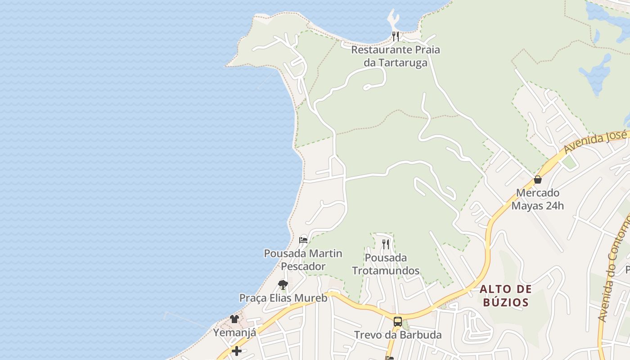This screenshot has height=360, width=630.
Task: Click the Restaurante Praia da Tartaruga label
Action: (395, 56)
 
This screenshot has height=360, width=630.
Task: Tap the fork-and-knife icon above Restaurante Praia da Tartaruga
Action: (396, 36)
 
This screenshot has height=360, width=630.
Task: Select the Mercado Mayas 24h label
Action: (537, 199)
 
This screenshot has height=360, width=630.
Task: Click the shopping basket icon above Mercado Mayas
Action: (537, 180)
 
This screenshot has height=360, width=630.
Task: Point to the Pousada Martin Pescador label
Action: (303, 260)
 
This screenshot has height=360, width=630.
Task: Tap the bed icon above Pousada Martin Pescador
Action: (303, 240)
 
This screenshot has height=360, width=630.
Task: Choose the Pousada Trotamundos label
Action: (386, 264)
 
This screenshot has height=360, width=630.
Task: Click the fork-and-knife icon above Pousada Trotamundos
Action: (386, 244)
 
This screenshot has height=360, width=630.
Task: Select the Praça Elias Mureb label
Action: (283, 298)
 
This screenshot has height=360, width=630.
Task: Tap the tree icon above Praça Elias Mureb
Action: (283, 284)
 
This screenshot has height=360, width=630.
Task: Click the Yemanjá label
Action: (234, 333)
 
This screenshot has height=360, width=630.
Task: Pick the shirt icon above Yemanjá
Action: (234, 319)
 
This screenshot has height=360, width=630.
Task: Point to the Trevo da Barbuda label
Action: (398, 335)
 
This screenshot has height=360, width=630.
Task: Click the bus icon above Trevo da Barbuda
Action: (398, 321)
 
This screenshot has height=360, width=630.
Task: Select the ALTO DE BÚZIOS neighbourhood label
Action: (506, 295)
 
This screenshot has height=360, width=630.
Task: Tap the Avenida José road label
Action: (595, 141)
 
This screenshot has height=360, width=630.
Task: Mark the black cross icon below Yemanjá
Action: (236, 351)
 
